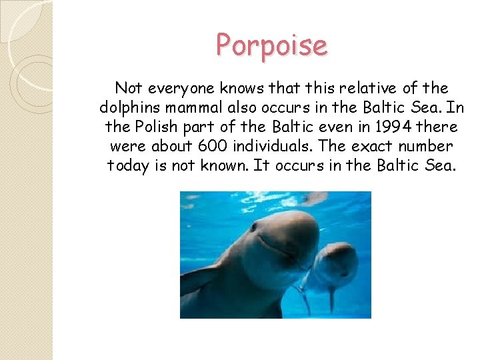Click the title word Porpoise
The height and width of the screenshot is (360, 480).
click(271, 45)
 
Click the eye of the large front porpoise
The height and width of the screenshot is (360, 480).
click(253, 227)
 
